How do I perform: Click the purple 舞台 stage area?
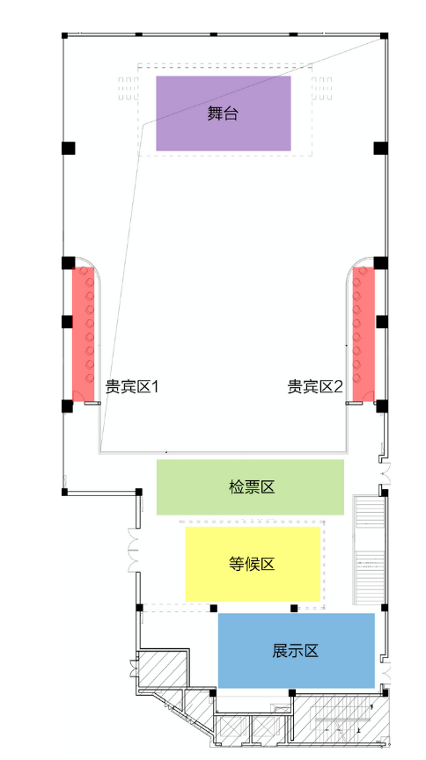pyautogui.click(x=224, y=113)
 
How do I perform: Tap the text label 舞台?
pyautogui.click(x=224, y=113)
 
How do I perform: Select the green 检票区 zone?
pyautogui.click(x=250, y=487)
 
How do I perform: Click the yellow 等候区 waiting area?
pyautogui.click(x=253, y=564)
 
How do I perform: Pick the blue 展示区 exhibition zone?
pyautogui.click(x=297, y=650)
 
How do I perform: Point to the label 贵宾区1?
pyautogui.click(x=132, y=387)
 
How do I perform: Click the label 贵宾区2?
pyautogui.click(x=315, y=387)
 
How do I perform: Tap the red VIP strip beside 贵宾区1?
pyautogui.click(x=83, y=334)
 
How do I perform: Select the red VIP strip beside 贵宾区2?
pyautogui.click(x=364, y=334)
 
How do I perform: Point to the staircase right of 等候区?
pyautogui.click(x=370, y=550)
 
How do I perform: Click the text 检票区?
pyautogui.click(x=252, y=487)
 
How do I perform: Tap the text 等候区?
pyautogui.click(x=252, y=564)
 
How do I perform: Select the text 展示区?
pyautogui.click(x=296, y=650)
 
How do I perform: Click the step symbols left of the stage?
pyautogui.click(x=129, y=89)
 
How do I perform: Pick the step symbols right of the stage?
pyautogui.click(x=321, y=89)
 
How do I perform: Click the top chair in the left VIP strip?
pyautogui.click(x=84, y=271)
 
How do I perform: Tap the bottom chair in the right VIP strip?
pyautogui.click(x=357, y=377)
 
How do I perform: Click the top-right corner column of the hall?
pyautogui.click(x=384, y=35)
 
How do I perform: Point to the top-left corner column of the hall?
pyautogui.click(x=64, y=35)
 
